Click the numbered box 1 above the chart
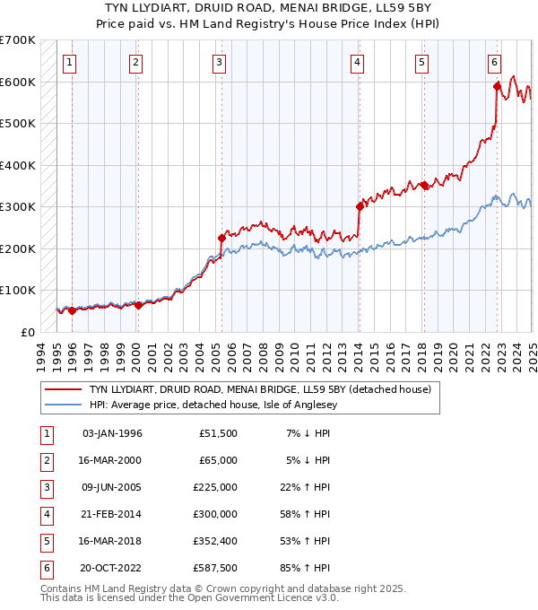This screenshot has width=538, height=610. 70,62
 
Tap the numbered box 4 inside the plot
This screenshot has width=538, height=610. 357,62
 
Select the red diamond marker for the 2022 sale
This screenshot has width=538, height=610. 497,87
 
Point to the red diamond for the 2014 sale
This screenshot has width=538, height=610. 360,206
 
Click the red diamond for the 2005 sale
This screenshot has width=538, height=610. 221,238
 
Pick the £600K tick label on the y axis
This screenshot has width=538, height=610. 17,82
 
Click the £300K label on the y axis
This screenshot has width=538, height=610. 17,206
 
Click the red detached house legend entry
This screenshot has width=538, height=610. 260,389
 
